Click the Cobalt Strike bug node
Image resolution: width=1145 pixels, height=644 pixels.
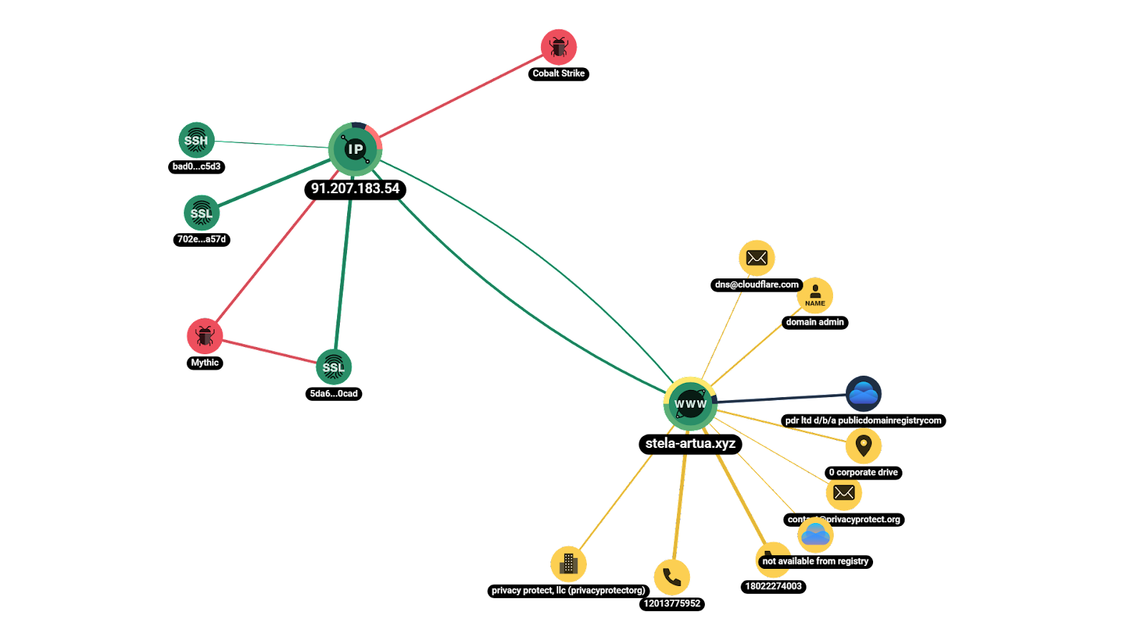point(558,47)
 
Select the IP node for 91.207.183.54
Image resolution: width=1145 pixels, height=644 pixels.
point(355,149)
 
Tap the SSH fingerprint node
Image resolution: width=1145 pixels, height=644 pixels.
point(196,140)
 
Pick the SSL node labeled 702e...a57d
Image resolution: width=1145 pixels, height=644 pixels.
point(201,213)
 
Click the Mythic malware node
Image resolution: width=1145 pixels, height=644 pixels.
point(205,336)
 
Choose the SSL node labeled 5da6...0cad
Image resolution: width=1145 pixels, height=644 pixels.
point(333,367)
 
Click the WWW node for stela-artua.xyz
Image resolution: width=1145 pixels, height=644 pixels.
point(690,404)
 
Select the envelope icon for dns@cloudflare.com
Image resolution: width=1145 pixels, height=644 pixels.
point(756,258)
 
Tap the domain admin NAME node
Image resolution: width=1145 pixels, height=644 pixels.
point(815,295)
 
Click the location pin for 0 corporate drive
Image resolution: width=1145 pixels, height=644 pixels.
point(863,446)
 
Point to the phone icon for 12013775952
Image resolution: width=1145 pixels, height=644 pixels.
point(672,577)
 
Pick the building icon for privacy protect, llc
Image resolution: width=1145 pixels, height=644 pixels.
point(568,564)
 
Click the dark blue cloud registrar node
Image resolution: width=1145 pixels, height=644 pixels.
point(863,394)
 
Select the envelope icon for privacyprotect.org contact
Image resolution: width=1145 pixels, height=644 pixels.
point(844,492)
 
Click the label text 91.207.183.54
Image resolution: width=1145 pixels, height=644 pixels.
point(355,188)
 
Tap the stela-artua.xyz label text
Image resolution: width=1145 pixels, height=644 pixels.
point(690,444)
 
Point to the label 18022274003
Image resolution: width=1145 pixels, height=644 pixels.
point(773,586)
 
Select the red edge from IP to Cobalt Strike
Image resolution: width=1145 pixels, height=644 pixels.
point(458,97)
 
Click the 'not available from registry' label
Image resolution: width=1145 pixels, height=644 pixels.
point(815,561)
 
